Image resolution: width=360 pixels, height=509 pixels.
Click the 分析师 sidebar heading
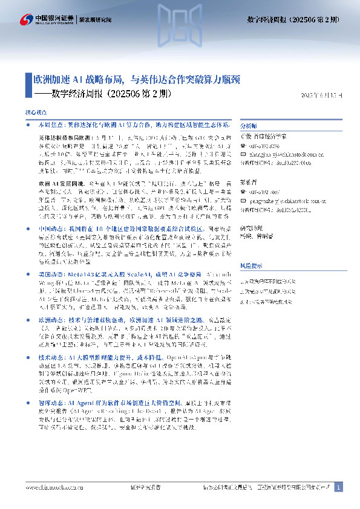click(249, 126)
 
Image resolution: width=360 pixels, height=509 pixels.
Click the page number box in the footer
click(339, 487)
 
